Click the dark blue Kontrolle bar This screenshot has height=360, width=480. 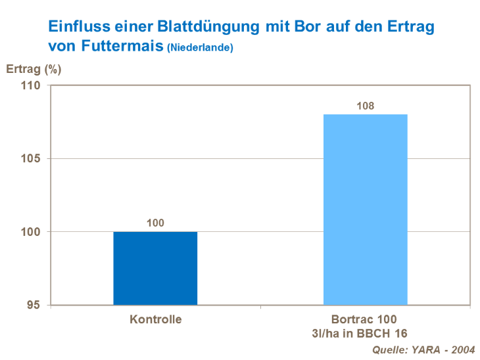pos(155,268)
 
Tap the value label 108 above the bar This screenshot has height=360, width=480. pos(366,106)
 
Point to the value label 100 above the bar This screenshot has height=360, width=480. pos(155,223)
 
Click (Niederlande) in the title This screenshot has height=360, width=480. pos(201,48)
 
